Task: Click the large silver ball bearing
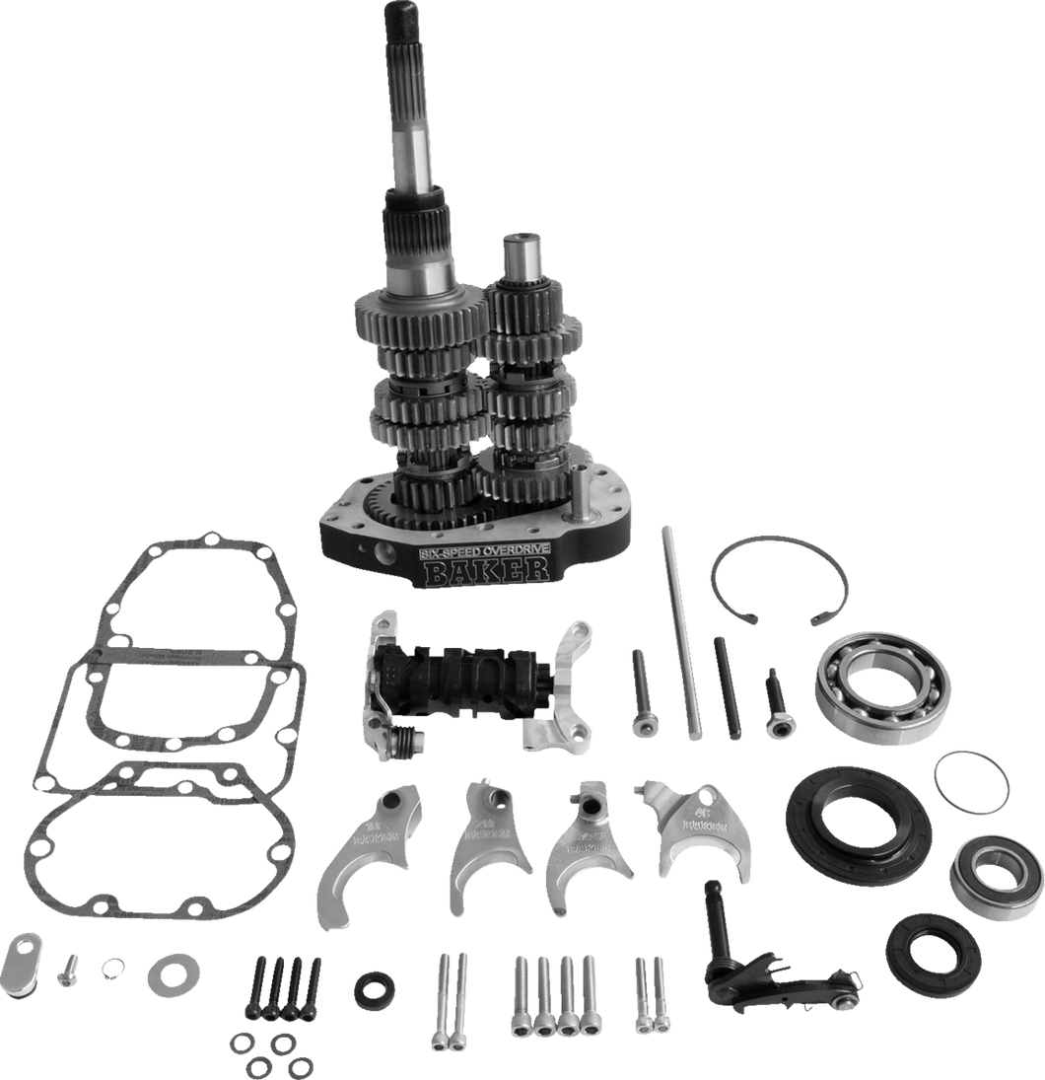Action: pos(882,686)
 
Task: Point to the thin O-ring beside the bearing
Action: pos(971,781)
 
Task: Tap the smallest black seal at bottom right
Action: pos(932,956)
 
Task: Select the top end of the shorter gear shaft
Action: pos(519,247)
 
